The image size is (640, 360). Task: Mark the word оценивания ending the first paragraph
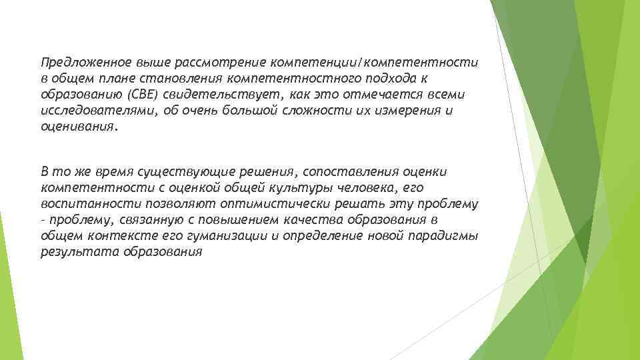pyautogui.click(x=77, y=127)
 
